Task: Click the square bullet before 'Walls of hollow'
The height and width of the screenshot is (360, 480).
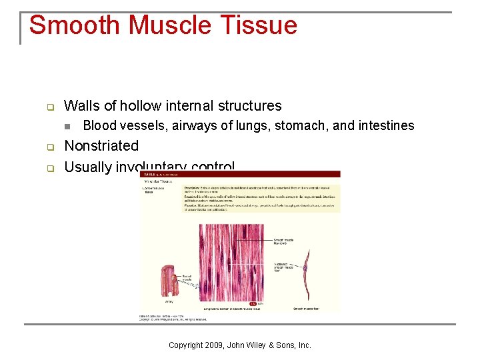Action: coord(49,107)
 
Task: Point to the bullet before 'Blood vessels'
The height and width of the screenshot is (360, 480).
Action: coord(67,126)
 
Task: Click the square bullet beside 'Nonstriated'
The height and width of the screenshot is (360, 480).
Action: coord(49,147)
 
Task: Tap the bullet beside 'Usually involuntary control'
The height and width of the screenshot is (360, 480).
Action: coord(49,167)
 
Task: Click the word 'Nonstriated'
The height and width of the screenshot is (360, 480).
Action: coord(101,146)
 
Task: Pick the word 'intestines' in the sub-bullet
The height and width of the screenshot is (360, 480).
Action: coord(385,125)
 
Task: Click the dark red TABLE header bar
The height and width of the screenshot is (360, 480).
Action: coord(240,174)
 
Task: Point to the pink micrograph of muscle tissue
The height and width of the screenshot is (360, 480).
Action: coord(231,263)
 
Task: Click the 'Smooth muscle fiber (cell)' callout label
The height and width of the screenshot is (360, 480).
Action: coord(283,241)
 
